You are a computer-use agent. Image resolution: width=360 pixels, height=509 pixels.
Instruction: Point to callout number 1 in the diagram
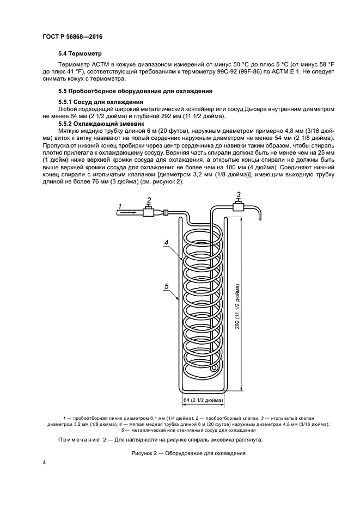(119, 205)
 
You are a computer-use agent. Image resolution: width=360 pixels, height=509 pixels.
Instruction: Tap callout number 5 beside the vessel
(167, 285)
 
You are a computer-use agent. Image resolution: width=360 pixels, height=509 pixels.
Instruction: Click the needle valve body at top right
(239, 206)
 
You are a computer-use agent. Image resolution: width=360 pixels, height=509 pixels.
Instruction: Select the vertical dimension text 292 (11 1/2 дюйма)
(239, 306)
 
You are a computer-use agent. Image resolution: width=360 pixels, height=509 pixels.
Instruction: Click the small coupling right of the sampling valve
(165, 213)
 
